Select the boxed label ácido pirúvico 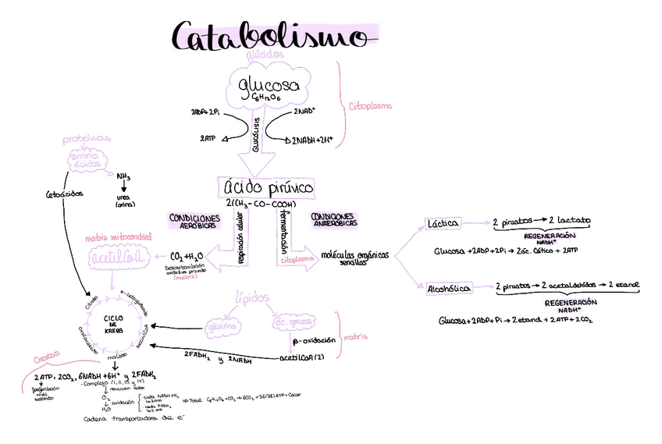[x=268, y=187]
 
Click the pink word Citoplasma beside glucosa [x=370, y=105]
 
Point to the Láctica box [x=442, y=223]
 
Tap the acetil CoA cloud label [x=117, y=257]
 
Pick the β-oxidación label [x=314, y=341]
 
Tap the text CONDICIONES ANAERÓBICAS [x=333, y=219]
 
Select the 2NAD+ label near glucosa [x=304, y=112]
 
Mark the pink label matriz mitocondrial [x=119, y=236]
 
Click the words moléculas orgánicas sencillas [x=354, y=258]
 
